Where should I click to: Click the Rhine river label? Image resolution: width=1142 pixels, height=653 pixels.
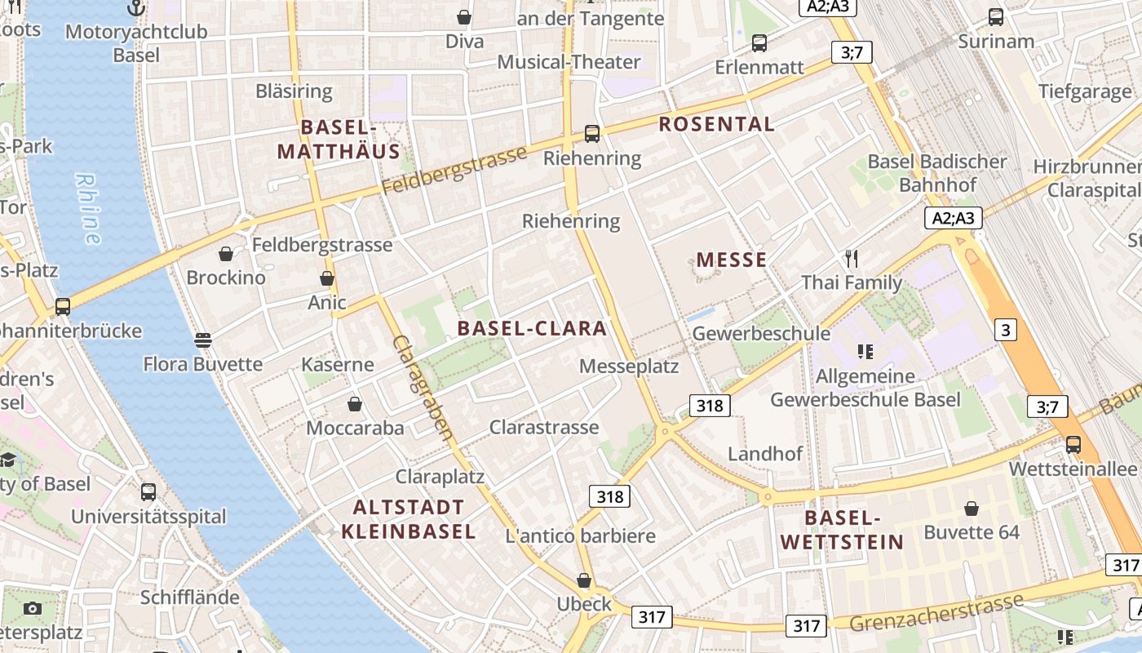(89, 208)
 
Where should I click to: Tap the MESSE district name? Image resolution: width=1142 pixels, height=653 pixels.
(731, 260)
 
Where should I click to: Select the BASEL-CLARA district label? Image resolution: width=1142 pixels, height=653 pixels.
(532, 328)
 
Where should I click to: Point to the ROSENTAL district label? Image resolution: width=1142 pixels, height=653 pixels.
(716, 124)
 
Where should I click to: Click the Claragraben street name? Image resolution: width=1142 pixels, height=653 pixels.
(423, 388)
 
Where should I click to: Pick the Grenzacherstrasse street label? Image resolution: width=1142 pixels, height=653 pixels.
(936, 612)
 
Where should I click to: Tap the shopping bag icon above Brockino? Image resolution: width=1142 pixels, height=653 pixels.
(226, 254)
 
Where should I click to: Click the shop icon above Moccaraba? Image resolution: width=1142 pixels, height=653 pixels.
(355, 404)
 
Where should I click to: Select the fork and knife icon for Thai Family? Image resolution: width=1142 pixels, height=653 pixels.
(852, 259)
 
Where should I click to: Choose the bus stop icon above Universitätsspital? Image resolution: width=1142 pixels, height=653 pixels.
(148, 492)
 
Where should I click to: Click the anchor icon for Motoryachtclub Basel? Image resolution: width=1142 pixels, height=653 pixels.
(137, 9)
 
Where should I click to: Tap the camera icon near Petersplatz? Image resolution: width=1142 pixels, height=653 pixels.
(33, 608)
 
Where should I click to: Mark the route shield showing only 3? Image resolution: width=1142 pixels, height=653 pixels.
(1006, 330)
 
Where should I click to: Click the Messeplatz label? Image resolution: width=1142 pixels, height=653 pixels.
(629, 366)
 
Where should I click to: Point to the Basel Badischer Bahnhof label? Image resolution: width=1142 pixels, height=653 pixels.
(937, 173)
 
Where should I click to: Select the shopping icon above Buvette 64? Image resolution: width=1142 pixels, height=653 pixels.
(972, 509)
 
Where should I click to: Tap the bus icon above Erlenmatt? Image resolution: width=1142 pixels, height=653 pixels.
(759, 43)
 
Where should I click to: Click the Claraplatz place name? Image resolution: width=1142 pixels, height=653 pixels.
(440, 477)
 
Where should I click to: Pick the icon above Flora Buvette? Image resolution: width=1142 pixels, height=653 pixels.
(203, 340)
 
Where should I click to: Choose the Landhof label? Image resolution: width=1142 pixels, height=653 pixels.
(765, 454)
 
